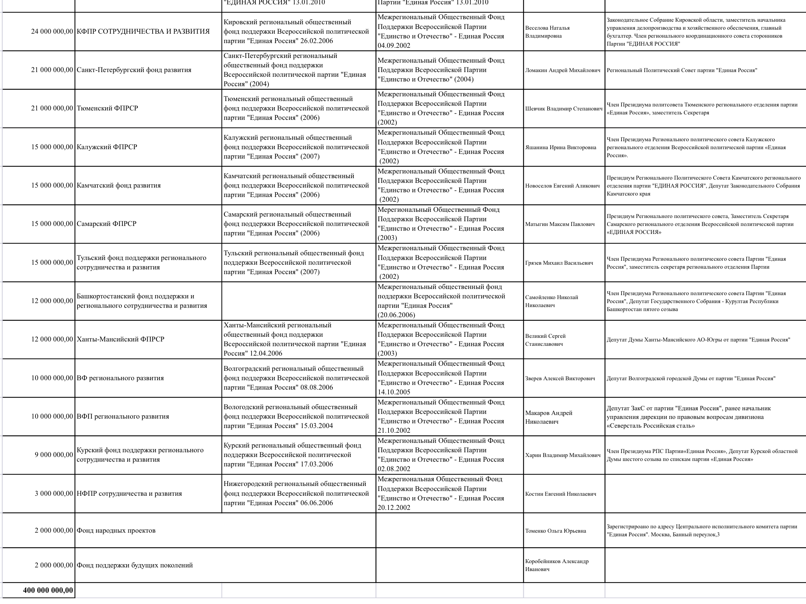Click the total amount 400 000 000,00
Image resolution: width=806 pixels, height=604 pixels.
click(x=48, y=590)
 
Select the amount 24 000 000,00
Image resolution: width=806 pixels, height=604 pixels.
click(x=52, y=31)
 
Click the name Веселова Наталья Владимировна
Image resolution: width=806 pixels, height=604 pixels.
click(x=547, y=32)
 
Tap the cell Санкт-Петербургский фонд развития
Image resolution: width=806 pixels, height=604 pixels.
click(x=134, y=70)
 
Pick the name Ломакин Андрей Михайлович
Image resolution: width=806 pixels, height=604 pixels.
click(x=562, y=70)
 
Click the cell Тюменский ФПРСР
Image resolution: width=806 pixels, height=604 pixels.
click(x=107, y=108)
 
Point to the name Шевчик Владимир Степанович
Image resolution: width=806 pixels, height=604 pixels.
click(x=564, y=109)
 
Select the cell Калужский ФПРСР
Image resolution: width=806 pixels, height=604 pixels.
click(x=107, y=147)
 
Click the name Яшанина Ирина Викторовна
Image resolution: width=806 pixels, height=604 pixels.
click(x=561, y=147)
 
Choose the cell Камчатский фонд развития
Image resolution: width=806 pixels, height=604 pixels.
click(x=119, y=185)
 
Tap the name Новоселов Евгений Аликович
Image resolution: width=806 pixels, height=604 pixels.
click(x=562, y=186)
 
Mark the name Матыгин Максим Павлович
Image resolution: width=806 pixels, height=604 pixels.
click(x=560, y=224)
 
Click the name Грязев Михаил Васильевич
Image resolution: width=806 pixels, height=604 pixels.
click(x=559, y=263)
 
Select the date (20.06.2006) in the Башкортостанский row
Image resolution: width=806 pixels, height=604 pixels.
click(x=396, y=315)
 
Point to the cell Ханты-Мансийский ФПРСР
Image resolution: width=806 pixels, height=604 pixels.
click(x=120, y=339)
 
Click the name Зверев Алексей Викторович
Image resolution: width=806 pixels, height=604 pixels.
click(x=560, y=378)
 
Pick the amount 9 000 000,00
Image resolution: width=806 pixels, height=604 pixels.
click(x=54, y=455)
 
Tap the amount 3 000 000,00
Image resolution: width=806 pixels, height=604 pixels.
click(x=54, y=494)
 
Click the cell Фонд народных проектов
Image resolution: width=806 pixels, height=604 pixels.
click(x=116, y=530)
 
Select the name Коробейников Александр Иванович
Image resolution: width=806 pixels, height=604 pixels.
click(x=556, y=565)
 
